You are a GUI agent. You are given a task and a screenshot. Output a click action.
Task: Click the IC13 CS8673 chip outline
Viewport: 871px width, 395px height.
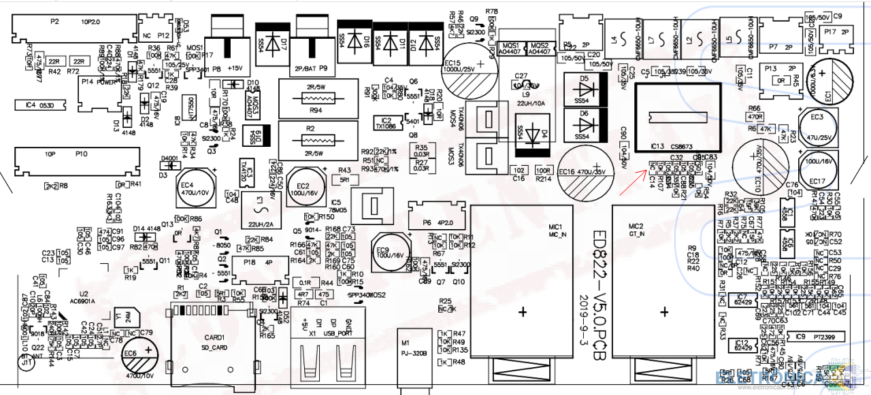677,117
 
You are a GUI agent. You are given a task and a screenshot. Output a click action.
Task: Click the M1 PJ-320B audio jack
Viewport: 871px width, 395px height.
414,358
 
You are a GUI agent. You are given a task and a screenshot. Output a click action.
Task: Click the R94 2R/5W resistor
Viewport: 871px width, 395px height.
315,99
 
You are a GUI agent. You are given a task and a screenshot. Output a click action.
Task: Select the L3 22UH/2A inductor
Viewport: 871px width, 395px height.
257,207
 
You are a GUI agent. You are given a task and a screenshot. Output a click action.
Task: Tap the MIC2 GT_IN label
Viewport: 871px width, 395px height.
636,229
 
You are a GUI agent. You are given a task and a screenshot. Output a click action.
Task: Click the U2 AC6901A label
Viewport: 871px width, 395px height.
88,296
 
